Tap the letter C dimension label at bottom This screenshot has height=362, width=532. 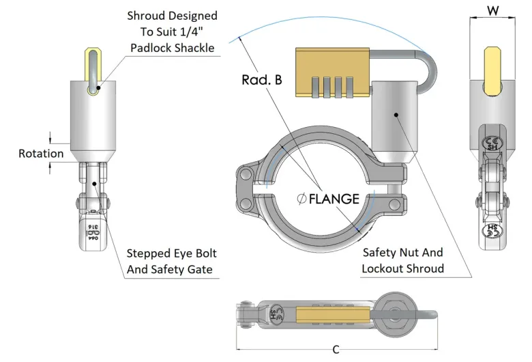336,350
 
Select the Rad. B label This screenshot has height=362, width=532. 261,80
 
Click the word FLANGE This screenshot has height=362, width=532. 334,199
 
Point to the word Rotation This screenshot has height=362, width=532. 41,154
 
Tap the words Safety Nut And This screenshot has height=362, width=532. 402,252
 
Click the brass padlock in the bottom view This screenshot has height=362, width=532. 331,318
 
